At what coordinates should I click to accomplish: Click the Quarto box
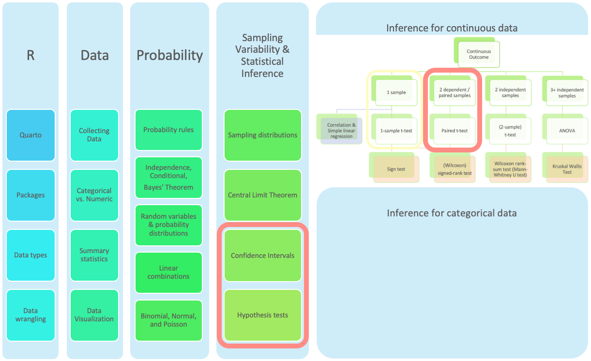[x=30, y=135]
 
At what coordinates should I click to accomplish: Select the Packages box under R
[x=30, y=195]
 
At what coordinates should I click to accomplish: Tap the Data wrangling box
[x=30, y=315]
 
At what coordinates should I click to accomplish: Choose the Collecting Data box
[x=94, y=135]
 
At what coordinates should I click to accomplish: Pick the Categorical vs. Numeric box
[x=94, y=195]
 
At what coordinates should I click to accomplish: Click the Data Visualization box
[x=94, y=315]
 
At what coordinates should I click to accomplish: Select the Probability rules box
[x=168, y=130]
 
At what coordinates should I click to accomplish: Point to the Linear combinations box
[x=168, y=272]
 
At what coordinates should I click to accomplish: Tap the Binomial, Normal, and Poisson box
[x=168, y=320]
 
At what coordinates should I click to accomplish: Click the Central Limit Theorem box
[x=263, y=195]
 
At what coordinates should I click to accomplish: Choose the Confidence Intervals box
[x=263, y=256]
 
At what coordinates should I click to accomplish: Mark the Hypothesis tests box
[x=263, y=315]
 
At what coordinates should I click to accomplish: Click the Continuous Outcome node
[x=478, y=54]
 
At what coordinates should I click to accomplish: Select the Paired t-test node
[x=455, y=131]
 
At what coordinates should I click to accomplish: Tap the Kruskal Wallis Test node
[x=567, y=169]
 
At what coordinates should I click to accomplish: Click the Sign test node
[x=396, y=169]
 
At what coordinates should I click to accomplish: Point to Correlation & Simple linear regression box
[x=341, y=131]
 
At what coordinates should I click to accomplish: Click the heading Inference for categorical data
[x=452, y=213]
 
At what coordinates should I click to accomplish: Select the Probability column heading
[x=169, y=55]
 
